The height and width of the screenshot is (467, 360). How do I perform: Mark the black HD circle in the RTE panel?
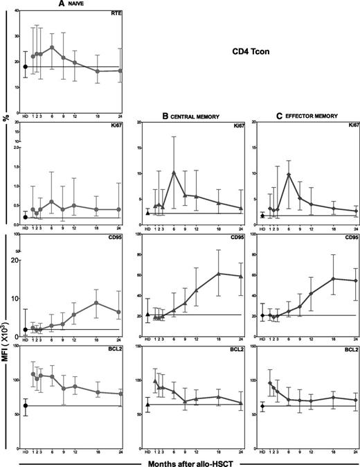26,67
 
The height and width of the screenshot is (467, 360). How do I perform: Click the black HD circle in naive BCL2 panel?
26,405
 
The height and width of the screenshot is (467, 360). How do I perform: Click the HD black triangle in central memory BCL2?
148,405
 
